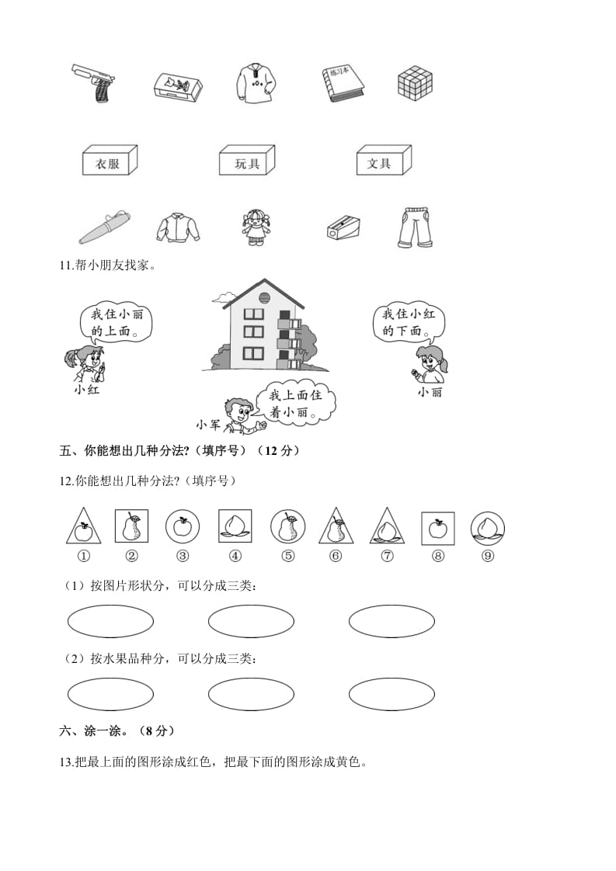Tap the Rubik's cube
coord(414,82)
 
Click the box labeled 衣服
coord(109,161)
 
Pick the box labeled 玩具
coord(246,161)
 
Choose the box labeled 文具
coord(383,161)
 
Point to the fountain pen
coord(103,227)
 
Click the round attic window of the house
coord(263,297)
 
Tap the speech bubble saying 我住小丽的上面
coord(117,324)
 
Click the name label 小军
coord(208,424)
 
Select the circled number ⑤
coord(287,555)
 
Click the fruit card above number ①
coord(82,527)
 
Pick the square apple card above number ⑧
coord(437,527)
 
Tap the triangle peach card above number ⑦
coord(385,527)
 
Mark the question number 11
coord(65,266)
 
